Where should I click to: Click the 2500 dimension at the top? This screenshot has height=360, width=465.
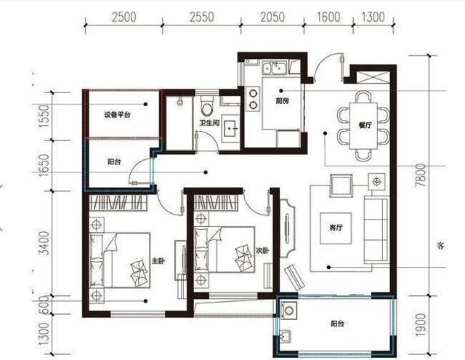pyautogui.click(x=125, y=17)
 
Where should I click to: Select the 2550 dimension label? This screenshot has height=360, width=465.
pyautogui.click(x=199, y=17)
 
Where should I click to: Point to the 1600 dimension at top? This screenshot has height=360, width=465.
pyautogui.click(x=328, y=17)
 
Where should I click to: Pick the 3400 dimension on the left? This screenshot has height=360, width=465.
pyautogui.click(x=45, y=244)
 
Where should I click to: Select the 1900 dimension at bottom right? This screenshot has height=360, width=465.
pyautogui.click(x=440, y=327)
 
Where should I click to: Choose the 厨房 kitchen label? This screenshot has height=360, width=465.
pyautogui.click(x=283, y=101)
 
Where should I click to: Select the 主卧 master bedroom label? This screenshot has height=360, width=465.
pyautogui.click(x=158, y=260)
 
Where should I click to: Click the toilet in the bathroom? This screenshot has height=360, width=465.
pyautogui.click(x=207, y=109)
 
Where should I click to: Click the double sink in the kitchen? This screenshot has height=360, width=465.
pyautogui.click(x=274, y=70)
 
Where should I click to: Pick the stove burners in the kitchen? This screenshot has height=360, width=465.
pyautogui.click(x=253, y=99)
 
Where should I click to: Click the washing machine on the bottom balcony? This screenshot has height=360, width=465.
pyautogui.click(x=288, y=312)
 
